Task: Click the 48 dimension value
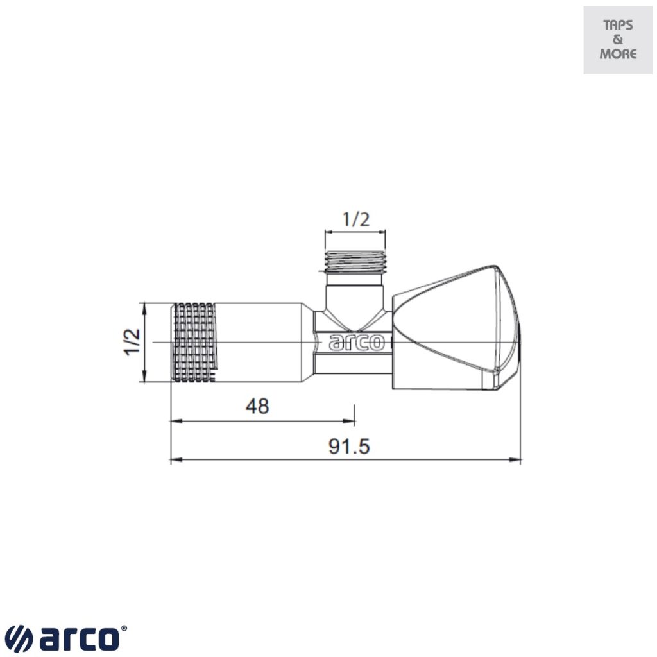(257, 406)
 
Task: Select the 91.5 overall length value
(350, 447)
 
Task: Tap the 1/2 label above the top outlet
(356, 219)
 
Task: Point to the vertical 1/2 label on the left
(132, 342)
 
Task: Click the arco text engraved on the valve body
(357, 343)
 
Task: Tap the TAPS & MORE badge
(618, 40)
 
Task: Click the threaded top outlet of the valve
(356, 261)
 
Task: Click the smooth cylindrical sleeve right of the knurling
(260, 342)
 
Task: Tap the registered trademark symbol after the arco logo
(124, 630)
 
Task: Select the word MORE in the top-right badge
(618, 54)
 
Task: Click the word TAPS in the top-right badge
(618, 26)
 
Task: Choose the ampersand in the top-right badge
(618, 40)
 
